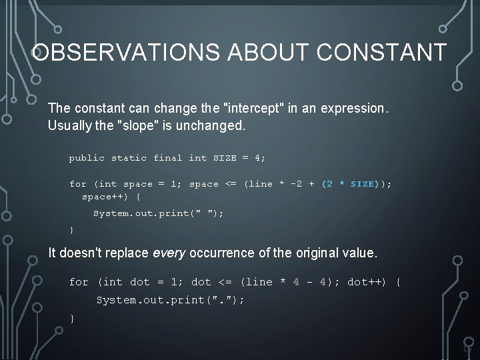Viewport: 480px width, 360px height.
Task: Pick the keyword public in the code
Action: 87,158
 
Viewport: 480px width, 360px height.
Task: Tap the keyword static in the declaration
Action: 129,158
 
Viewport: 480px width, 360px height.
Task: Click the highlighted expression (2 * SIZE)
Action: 351,184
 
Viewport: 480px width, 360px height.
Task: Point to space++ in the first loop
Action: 103,197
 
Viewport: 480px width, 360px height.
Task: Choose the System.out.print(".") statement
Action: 171,300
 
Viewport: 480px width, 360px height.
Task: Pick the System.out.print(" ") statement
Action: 158,213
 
